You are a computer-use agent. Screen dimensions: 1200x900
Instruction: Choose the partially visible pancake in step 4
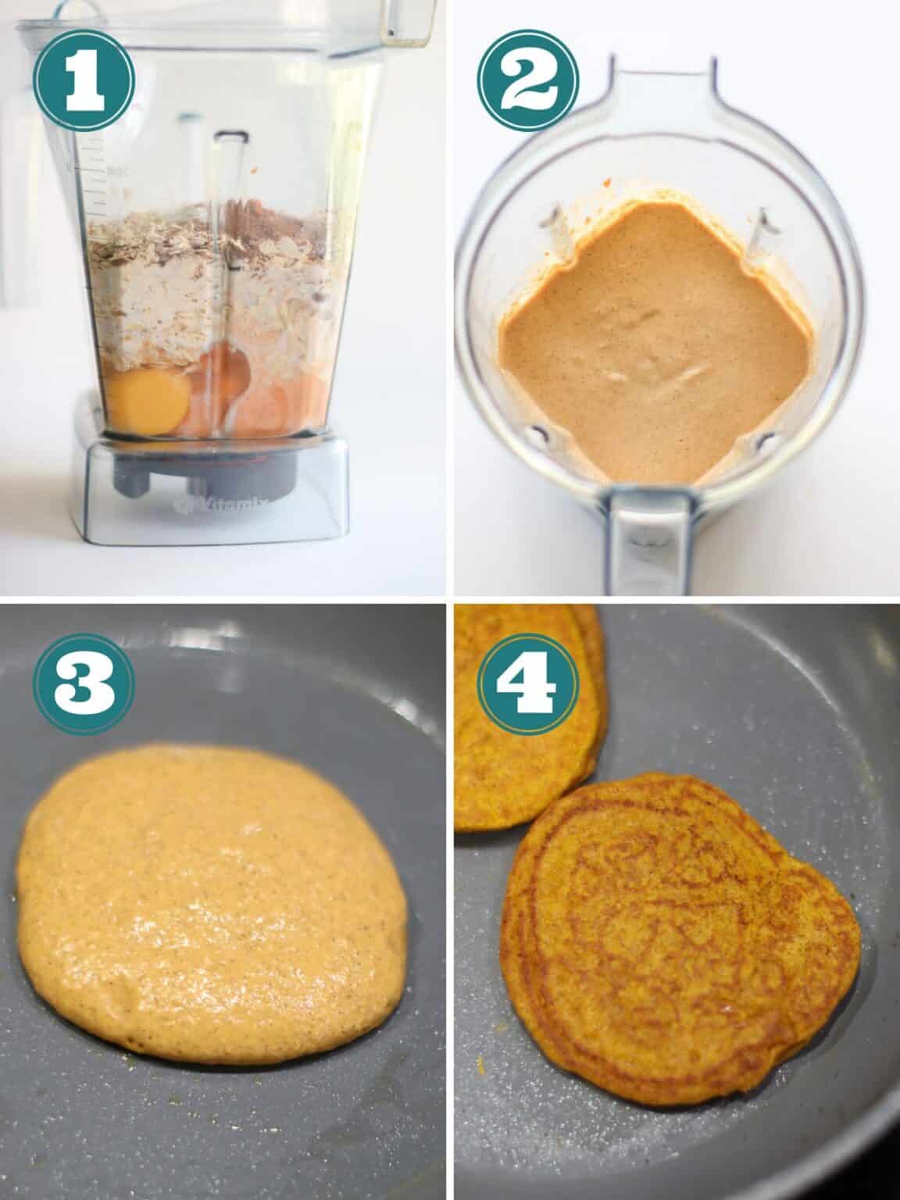[x=523, y=719]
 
